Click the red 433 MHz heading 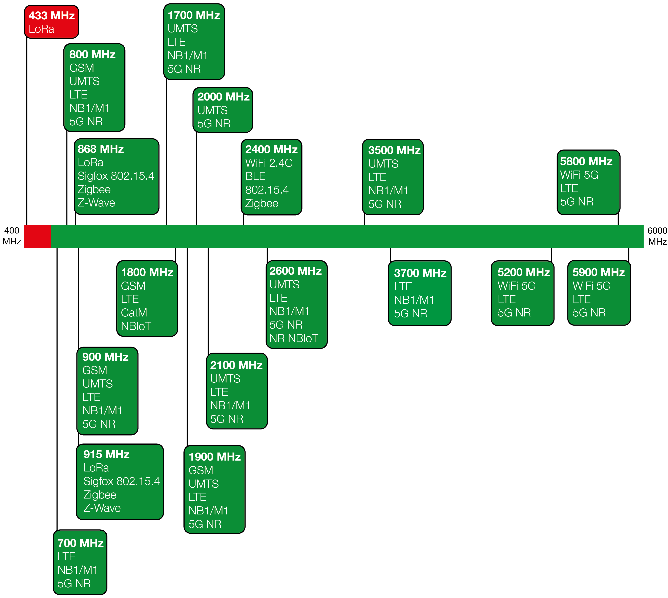tap(52, 16)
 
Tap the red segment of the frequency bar tap(37, 236)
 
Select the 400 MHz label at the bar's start tap(12, 236)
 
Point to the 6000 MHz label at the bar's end tap(657, 236)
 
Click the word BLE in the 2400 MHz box tap(255, 176)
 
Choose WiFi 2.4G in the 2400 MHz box tap(269, 163)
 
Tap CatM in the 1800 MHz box tap(134, 312)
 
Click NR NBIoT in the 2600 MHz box tap(294, 338)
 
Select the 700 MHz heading tap(81, 543)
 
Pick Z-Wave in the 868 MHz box tap(96, 203)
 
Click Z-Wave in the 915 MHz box tap(102, 508)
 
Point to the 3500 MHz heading tap(394, 150)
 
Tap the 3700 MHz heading tap(420, 273)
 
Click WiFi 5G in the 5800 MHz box tap(579, 175)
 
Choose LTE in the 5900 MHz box tap(582, 299)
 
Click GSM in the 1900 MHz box tap(201, 470)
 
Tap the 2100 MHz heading tap(236, 365)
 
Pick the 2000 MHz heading tap(224, 97)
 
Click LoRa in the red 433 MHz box tap(41, 29)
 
